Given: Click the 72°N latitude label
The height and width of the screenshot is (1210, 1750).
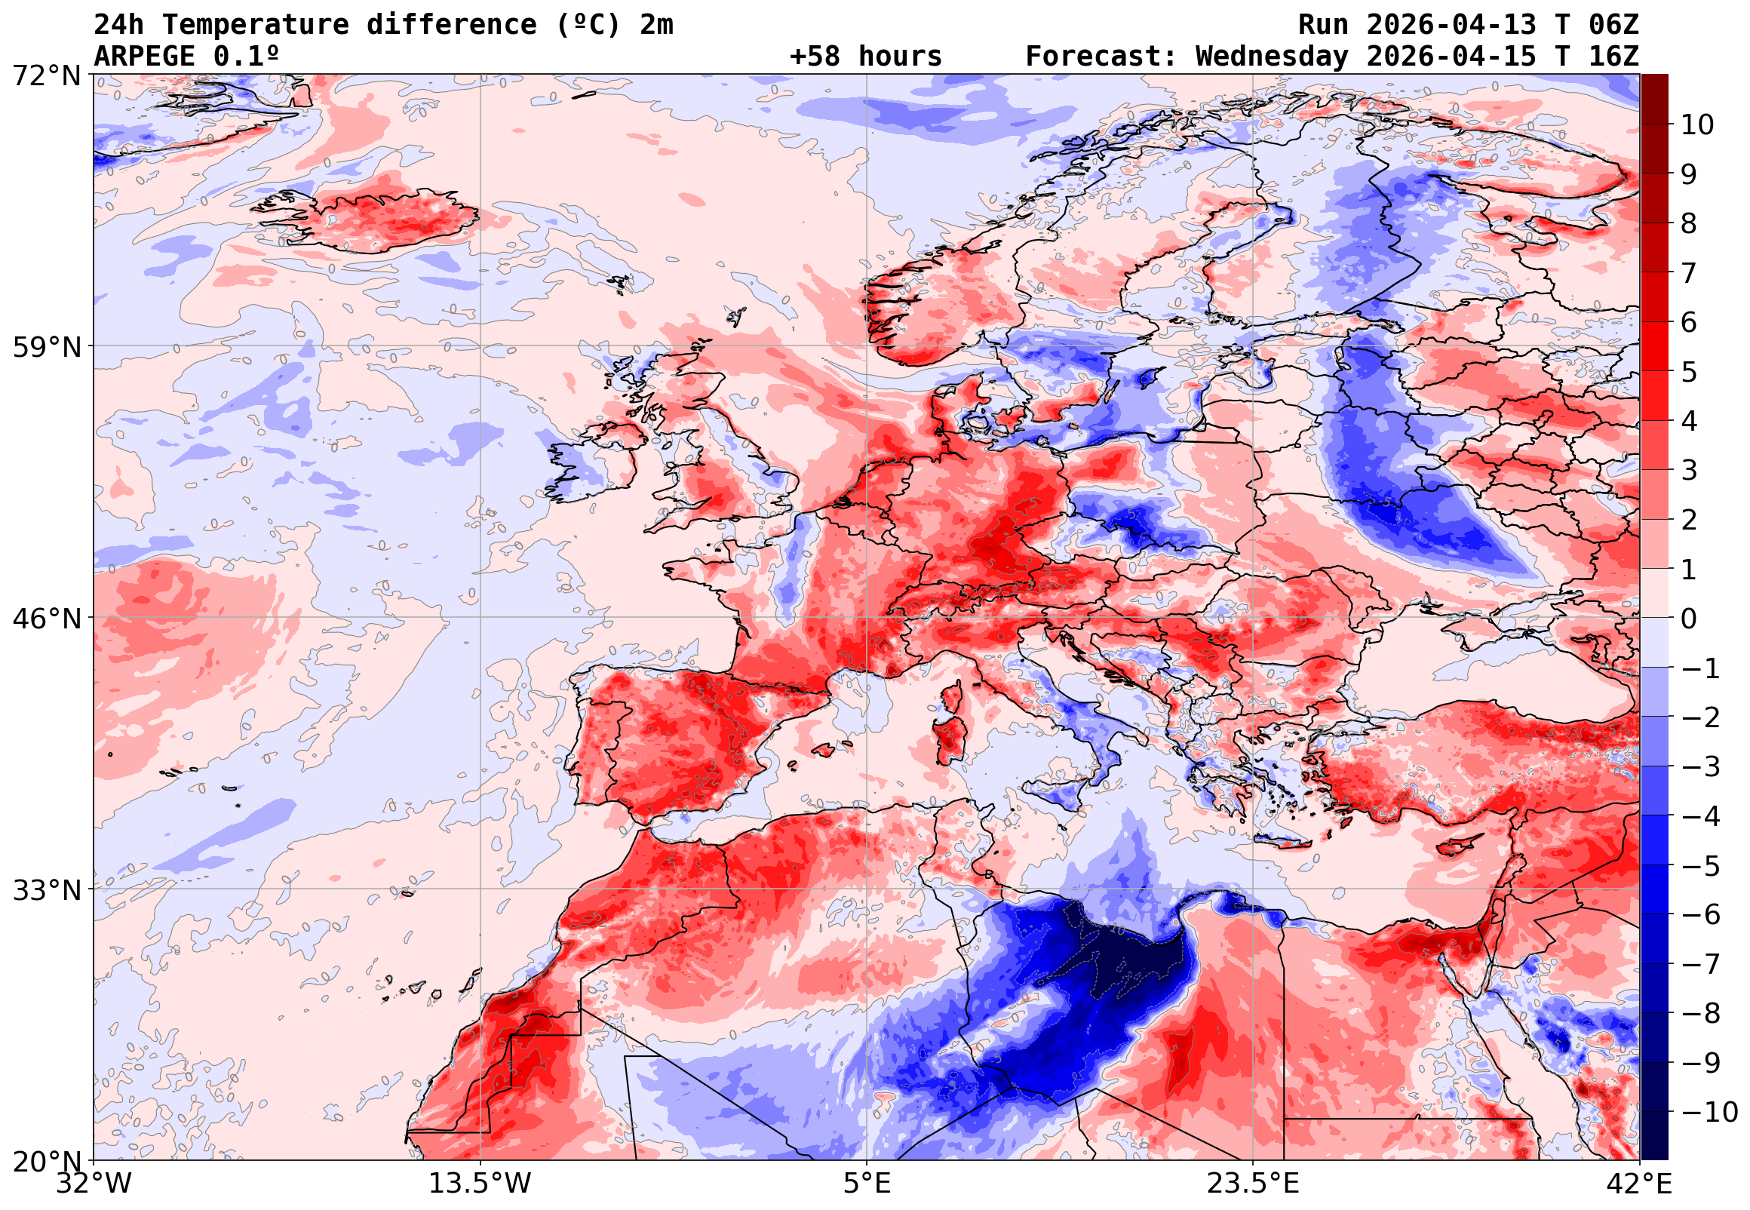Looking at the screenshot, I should tap(46, 76).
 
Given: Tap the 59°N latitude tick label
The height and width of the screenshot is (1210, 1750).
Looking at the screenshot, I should tap(46, 347).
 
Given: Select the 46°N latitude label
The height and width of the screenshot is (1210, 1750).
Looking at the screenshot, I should tap(46, 619).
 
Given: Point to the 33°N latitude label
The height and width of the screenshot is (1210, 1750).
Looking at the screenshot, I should tap(46, 890).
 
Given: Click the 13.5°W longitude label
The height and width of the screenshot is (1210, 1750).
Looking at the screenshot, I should tap(480, 1184).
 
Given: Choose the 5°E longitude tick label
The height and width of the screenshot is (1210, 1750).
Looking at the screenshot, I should tap(867, 1184).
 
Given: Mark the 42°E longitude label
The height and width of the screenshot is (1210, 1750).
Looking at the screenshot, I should tap(1639, 1184).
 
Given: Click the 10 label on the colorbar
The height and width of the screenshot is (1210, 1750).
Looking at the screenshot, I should tap(1697, 125).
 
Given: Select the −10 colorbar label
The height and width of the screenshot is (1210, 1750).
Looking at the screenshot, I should tap(1709, 1112).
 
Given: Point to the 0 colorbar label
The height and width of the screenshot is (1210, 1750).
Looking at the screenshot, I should tap(1689, 619).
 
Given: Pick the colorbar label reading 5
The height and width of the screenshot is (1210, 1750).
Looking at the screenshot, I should tap(1689, 372).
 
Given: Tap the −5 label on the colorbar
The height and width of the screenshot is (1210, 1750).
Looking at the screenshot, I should tap(1701, 866).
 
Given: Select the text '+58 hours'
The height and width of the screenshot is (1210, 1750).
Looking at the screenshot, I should tap(865, 57).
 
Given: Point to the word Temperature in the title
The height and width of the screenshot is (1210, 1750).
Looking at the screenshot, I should tap(256, 25).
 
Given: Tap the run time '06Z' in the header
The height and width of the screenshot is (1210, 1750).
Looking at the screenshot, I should tap(1613, 25).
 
